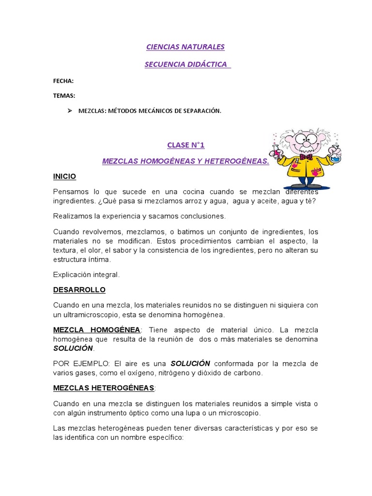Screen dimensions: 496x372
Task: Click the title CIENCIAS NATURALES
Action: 186,47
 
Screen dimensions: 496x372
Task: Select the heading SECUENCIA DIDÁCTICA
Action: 186,64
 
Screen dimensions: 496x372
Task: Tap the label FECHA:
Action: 63,81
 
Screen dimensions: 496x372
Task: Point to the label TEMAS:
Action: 64,95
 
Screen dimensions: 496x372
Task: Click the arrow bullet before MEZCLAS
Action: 68,111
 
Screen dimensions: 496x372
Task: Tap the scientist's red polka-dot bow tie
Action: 306,157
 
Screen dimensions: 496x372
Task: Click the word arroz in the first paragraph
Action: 167,201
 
